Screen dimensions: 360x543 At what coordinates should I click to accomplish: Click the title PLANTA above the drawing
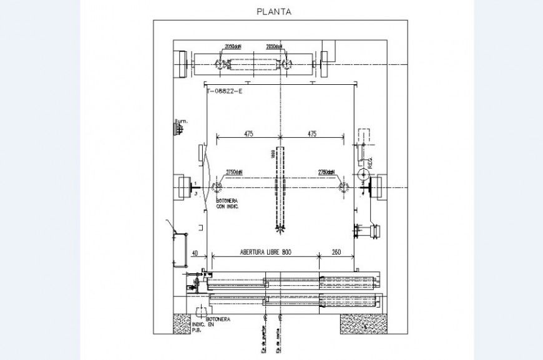274,11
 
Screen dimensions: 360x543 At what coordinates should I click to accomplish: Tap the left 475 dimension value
248,134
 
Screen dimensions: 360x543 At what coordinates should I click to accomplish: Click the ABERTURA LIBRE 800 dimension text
266,253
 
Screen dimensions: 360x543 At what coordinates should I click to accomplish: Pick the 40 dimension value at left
194,253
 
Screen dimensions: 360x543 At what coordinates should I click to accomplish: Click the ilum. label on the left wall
181,121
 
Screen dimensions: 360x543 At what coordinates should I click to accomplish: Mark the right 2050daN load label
275,47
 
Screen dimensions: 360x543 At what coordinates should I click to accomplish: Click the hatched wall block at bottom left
183,323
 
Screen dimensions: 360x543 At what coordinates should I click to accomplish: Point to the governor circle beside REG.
364,177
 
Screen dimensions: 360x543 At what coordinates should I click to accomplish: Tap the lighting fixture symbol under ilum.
179,129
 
